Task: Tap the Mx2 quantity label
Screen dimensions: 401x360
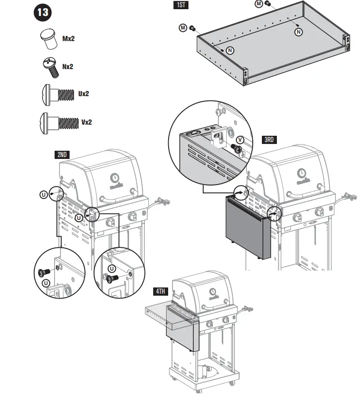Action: pos(68,38)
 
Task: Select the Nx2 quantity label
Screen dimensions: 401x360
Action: pos(68,67)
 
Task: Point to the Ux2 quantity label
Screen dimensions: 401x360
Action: pos(84,94)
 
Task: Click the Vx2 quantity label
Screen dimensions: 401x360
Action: pos(86,122)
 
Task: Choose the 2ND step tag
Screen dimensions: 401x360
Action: pos(62,155)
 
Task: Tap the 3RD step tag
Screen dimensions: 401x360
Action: pos(269,140)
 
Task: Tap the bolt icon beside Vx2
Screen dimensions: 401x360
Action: pos(58,122)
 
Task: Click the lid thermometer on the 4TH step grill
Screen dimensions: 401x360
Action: pos(213,291)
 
